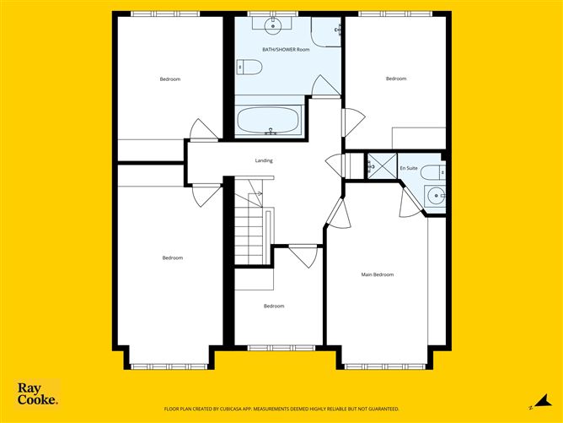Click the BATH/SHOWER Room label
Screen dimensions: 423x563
point(286,50)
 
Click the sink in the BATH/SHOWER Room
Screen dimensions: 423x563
point(273,24)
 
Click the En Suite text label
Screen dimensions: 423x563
point(408,168)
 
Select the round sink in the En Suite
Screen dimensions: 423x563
point(437,195)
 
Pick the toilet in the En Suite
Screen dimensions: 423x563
point(432,171)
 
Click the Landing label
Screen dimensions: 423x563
point(264,160)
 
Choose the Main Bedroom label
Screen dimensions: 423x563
point(378,274)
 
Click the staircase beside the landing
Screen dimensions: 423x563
point(249,226)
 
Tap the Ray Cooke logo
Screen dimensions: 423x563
point(38,393)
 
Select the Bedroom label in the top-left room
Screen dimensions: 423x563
point(170,79)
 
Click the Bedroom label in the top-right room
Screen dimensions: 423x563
point(396,79)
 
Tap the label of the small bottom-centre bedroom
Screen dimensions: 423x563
point(274,306)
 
